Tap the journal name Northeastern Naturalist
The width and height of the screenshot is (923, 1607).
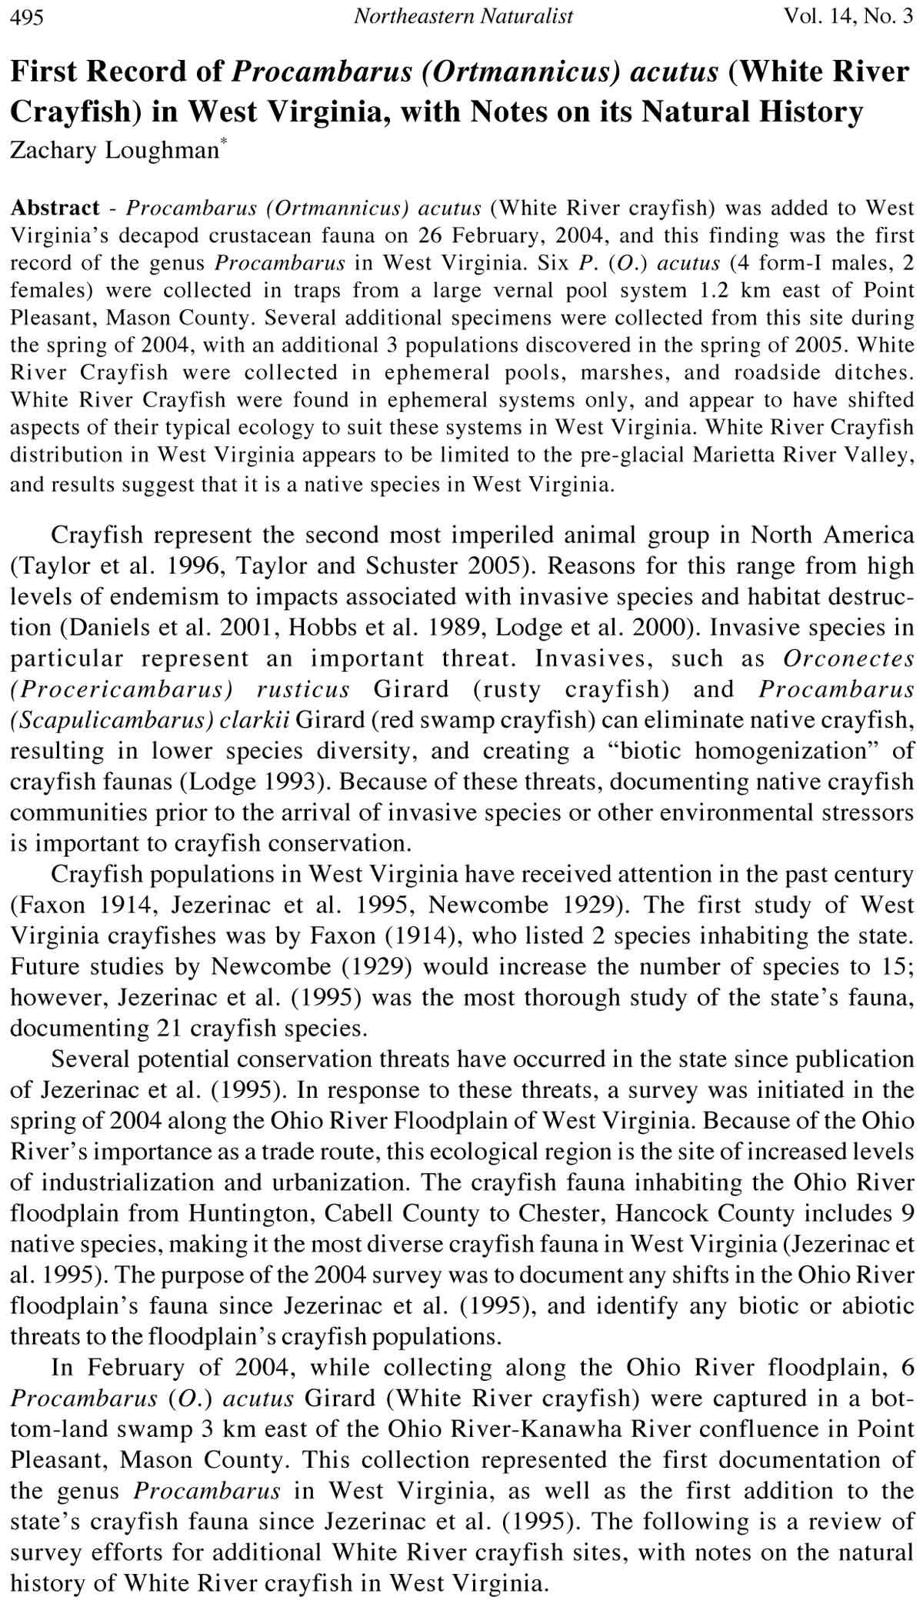[463, 16]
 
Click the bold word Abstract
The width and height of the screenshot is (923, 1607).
[55, 208]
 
